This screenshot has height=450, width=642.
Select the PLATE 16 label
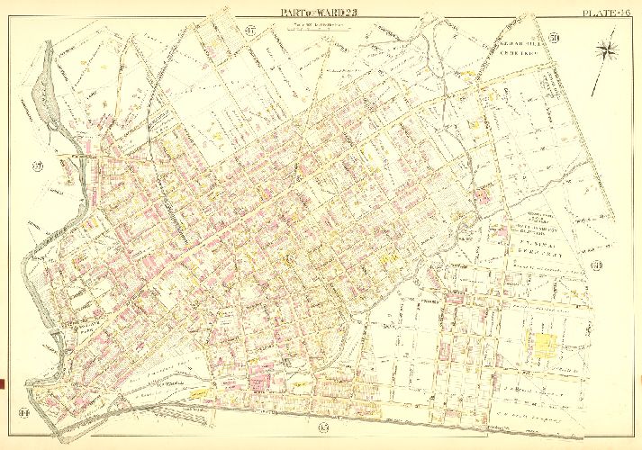pos(607,11)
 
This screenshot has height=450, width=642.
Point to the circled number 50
pos(555,37)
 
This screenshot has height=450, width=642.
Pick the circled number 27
pos(38,166)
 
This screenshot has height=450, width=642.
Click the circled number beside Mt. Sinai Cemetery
pos(596,265)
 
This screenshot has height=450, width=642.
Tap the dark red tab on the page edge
pos(3,384)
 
